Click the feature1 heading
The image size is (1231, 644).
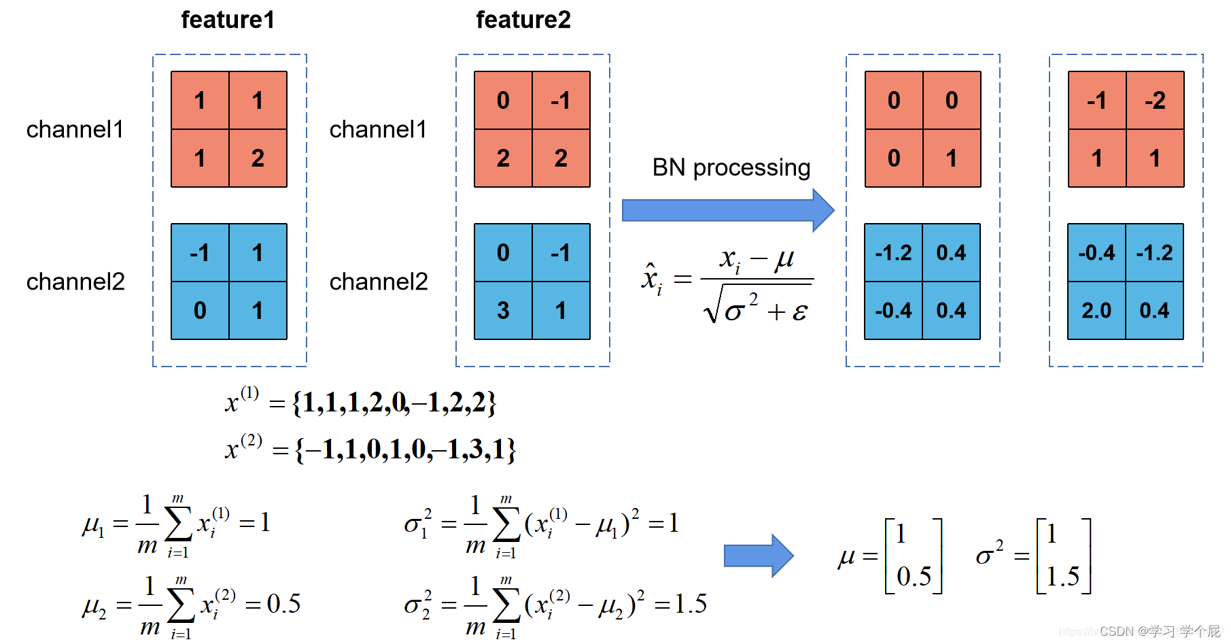click(228, 20)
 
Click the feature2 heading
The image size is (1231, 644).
click(523, 20)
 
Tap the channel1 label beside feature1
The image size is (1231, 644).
click(75, 129)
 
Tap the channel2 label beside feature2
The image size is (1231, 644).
click(379, 282)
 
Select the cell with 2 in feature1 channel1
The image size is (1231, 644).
click(258, 158)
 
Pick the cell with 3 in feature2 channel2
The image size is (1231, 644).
click(503, 311)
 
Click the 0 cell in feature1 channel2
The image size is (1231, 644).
click(200, 311)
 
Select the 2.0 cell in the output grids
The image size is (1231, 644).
click(1096, 311)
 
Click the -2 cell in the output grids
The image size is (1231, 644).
click(1155, 101)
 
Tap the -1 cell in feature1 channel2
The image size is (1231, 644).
click(200, 253)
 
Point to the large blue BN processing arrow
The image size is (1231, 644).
click(728, 210)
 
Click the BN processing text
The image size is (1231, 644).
click(731, 167)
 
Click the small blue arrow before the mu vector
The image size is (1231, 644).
click(759, 556)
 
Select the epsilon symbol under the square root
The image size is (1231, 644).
click(800, 312)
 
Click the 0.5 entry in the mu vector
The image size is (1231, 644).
click(914, 577)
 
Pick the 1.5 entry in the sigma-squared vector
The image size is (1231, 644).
click(1063, 577)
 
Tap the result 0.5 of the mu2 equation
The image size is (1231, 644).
click(283, 603)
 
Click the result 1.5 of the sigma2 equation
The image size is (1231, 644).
click(691, 603)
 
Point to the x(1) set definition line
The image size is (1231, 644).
click(361, 403)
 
